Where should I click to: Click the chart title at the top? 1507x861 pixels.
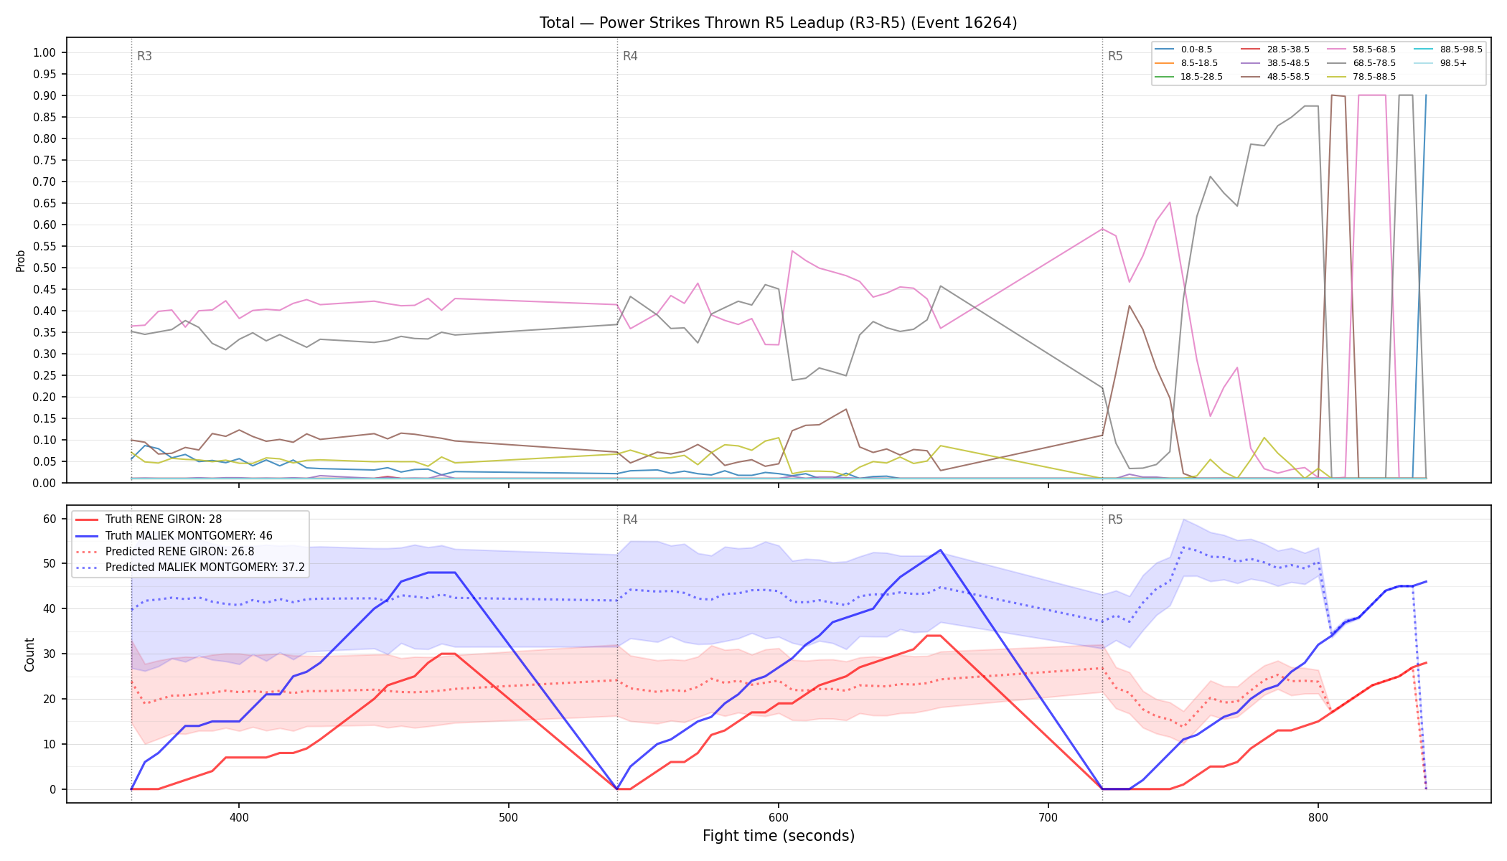coord(778,23)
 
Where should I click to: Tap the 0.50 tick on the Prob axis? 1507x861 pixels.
coord(44,268)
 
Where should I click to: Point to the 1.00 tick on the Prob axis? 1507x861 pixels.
coord(44,53)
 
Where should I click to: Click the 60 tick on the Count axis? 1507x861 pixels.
coord(50,519)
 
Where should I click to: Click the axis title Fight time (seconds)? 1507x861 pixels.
coord(779,836)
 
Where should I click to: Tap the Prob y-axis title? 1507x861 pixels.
coord(20,260)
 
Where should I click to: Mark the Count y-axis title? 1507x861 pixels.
coord(29,654)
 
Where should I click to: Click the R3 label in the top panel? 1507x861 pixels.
coord(144,56)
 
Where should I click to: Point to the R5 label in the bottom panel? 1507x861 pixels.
coord(1115,519)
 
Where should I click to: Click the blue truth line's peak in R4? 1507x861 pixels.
coord(940,550)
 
